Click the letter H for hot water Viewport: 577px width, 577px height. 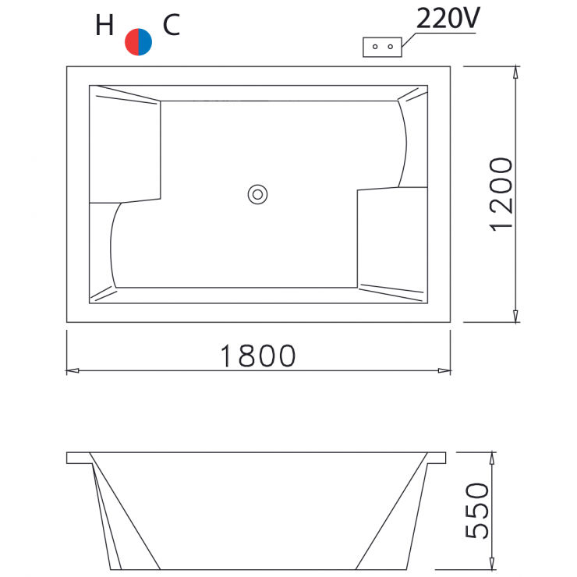point(104,27)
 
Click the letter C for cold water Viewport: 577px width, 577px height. point(172,26)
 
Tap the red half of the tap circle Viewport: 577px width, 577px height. point(132,42)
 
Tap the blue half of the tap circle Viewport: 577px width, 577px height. point(145,42)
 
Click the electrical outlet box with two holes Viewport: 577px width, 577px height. point(382,47)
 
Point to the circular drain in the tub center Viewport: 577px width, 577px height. point(257,193)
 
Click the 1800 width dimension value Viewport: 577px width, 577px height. point(257,356)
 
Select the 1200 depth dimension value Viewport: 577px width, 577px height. point(501,194)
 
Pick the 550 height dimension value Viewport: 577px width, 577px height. point(477,511)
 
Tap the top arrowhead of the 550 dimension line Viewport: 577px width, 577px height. point(492,458)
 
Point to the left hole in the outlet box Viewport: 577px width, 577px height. point(375,47)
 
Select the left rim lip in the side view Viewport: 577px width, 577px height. point(78,457)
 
